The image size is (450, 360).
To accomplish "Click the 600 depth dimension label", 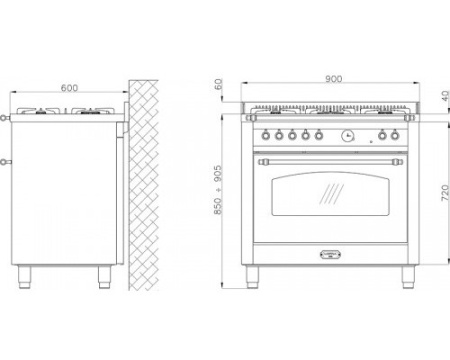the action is point(69,88).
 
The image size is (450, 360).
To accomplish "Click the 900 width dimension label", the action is point(333,79).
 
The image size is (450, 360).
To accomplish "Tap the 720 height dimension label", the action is point(445,193).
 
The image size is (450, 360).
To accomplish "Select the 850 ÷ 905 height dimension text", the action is point(217,190).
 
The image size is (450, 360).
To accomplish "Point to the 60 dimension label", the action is point(218,84).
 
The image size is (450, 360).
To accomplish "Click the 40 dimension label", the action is point(445,97).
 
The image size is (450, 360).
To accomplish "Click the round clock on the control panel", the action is point(347,135).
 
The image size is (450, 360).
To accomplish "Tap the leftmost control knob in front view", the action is point(266,135).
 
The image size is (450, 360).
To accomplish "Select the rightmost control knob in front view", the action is point(395,135).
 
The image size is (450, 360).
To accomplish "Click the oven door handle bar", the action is point(330,162).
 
